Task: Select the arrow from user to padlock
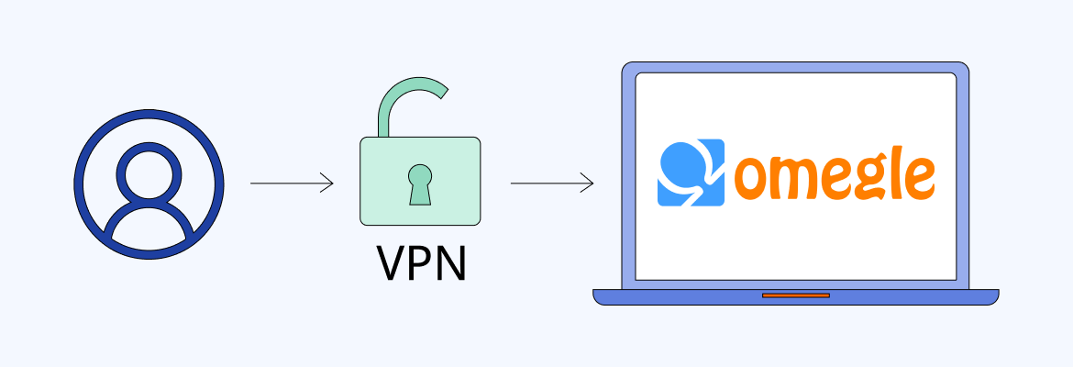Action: pyautogui.click(x=292, y=183)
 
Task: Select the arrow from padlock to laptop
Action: pyautogui.click(x=551, y=183)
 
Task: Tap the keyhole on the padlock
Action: pyautogui.click(x=420, y=182)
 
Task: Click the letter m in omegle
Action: pyautogui.click(x=795, y=179)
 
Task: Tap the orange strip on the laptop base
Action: pyautogui.click(x=796, y=295)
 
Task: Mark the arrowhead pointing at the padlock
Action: pyautogui.click(x=328, y=183)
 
